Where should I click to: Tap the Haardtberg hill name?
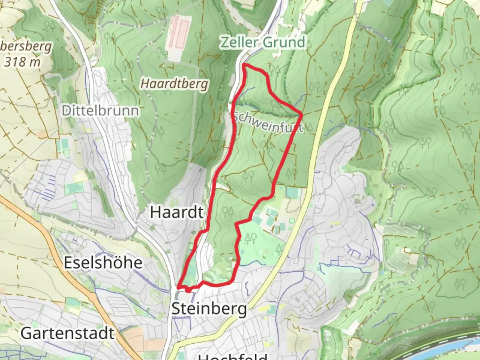click(174, 83)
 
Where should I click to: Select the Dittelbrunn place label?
click(100, 111)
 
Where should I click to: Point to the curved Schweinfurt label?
click(268, 123)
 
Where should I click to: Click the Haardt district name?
click(177, 212)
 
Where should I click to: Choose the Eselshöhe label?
click(103, 263)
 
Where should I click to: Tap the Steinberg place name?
click(209, 309)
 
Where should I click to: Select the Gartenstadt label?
click(68, 333)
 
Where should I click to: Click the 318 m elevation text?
click(22, 62)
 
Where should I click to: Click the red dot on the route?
click(188, 290)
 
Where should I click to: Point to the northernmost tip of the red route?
click(245, 64)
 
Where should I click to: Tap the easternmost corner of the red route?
click(301, 115)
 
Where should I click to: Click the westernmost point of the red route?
click(178, 287)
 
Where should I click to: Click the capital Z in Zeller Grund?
click(225, 43)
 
